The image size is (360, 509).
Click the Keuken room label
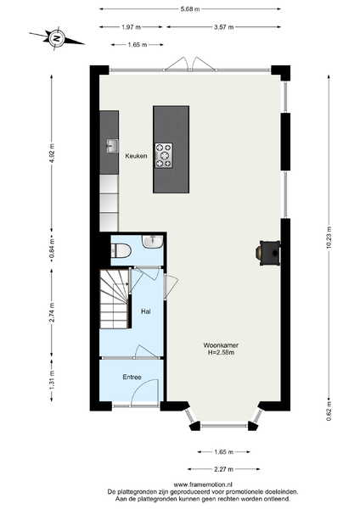coord(136,156)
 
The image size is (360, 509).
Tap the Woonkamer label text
coord(221,345)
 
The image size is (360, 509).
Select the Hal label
coord(146,311)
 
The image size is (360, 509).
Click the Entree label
coord(132,378)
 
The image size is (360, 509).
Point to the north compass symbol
coord(57,39)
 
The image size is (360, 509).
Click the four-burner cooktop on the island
coord(163,155)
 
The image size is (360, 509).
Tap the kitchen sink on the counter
coord(112,146)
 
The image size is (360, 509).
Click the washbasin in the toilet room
coord(152,241)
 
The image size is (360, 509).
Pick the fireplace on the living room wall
coord(268,253)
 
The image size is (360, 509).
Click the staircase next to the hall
coord(115,299)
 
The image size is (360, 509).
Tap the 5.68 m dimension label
coord(190,9)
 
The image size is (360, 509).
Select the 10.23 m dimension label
coord(329,238)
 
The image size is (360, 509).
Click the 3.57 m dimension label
coord(223,27)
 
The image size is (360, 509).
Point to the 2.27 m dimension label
coord(223,469)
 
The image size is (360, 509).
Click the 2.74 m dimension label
coord(51,313)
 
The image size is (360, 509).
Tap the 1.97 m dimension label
coord(132,27)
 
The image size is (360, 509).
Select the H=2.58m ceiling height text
coord(222,352)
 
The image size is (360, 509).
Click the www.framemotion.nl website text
coord(203,484)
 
